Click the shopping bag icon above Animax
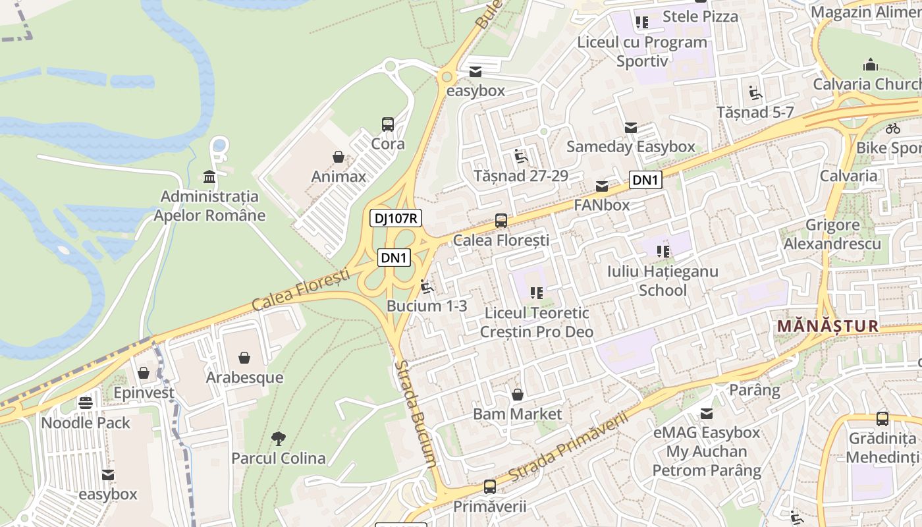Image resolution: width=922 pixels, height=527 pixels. [x=338, y=157]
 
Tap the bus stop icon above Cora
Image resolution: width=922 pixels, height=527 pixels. [x=388, y=124]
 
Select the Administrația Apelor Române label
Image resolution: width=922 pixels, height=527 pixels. [x=209, y=206]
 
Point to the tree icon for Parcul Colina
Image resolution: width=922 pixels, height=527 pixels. [x=278, y=438]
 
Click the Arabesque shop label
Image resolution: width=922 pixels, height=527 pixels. [x=244, y=377]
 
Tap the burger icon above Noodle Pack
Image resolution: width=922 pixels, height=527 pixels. [x=86, y=402]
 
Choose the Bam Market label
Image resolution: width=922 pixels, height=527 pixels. [x=518, y=414]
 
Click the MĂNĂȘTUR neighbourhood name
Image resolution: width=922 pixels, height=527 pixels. [x=828, y=326]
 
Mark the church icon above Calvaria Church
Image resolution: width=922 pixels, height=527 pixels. [x=871, y=65]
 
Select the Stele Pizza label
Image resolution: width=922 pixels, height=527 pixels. [x=700, y=16]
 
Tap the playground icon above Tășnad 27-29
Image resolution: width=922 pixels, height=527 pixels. [x=521, y=156]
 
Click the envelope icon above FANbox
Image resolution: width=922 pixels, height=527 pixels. [x=602, y=186]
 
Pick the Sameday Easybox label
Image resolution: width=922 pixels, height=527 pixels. [x=630, y=146]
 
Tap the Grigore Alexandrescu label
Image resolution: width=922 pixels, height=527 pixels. [x=832, y=235]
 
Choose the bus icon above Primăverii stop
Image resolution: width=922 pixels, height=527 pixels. [x=490, y=487]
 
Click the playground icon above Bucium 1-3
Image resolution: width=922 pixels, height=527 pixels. [x=427, y=287]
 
